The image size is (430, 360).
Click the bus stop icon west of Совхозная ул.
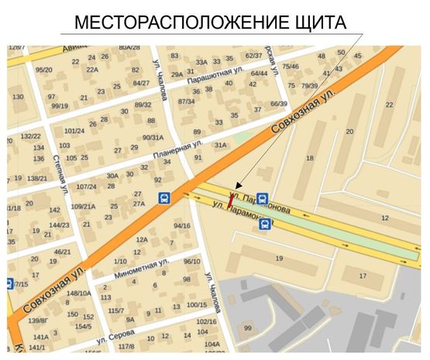click(164, 197)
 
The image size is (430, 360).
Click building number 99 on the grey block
click(247, 328)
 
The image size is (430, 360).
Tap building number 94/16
click(182, 226)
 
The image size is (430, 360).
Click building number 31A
click(220, 145)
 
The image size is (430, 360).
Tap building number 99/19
click(59, 106)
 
